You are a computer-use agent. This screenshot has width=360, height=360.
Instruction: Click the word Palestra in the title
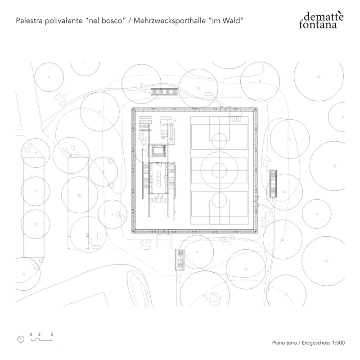tap(28, 21)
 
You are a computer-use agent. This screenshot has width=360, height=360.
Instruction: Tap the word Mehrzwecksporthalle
tap(170, 21)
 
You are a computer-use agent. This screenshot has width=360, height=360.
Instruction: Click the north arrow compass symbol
tap(20, 339)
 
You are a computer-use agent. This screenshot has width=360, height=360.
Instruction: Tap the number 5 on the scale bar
tap(52, 334)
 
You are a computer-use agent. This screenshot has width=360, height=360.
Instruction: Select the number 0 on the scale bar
tap(31, 334)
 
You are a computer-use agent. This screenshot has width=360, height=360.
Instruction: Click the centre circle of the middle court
tap(219, 169)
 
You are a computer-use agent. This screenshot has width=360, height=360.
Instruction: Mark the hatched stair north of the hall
tap(165, 91)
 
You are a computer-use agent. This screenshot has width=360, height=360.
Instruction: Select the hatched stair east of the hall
tap(273, 183)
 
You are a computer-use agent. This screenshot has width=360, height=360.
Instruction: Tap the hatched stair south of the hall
tap(179, 259)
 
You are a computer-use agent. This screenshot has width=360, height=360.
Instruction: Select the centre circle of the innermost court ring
tap(219, 169)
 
